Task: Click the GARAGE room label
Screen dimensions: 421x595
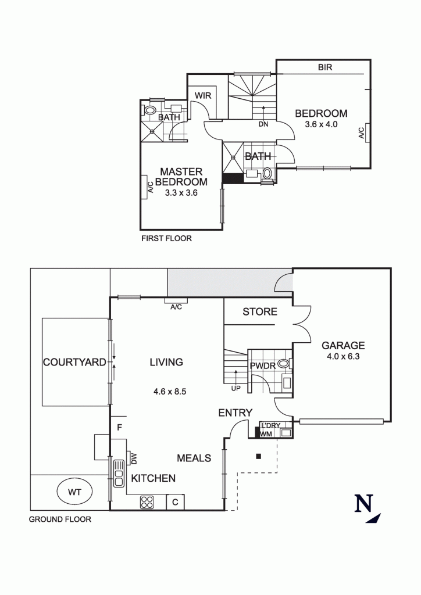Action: (343, 345)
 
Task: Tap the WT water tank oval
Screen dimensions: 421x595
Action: (74, 492)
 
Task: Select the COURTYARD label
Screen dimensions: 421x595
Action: (74, 362)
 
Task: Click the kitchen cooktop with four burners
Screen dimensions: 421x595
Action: (147, 503)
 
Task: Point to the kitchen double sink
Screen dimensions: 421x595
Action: (119, 473)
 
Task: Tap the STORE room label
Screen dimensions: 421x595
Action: (260, 311)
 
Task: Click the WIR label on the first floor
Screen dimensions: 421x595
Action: (203, 95)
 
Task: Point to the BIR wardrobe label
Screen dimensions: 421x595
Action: (325, 67)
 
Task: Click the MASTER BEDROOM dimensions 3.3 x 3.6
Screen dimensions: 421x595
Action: (181, 193)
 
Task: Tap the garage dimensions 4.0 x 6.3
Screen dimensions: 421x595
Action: (343, 356)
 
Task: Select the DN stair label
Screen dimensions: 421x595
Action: (263, 124)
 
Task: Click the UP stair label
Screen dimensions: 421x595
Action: (236, 389)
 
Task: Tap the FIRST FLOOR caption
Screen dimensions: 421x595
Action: (167, 238)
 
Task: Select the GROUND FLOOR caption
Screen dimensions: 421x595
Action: (60, 519)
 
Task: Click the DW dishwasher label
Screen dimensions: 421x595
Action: (134, 459)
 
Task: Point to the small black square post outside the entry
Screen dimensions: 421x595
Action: (259, 456)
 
